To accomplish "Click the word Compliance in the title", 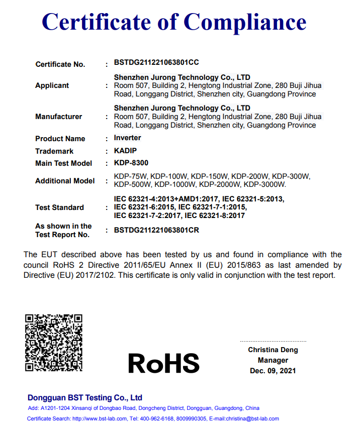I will [245, 23].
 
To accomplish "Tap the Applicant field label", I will [52, 86].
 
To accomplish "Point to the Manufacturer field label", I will [58, 117].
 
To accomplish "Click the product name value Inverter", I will [128, 138].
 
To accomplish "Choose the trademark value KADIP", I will [125, 151].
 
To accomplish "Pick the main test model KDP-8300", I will [131, 163].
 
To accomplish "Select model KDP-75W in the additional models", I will [130, 176].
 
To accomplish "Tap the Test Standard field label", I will [59, 207].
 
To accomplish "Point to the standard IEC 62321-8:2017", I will [215, 216].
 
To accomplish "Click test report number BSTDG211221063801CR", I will [156, 230].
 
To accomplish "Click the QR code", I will [53, 343].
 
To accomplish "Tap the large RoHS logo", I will [163, 363].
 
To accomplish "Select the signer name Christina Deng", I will [273, 350].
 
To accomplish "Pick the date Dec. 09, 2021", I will [273, 371].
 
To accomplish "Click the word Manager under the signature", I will [273, 360].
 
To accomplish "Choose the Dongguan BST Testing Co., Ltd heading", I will [85, 397].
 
